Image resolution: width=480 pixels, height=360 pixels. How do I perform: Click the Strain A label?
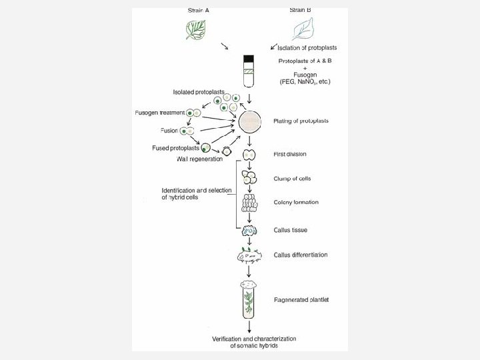click(x=198, y=10)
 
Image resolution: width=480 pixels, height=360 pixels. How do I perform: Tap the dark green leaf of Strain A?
click(x=198, y=29)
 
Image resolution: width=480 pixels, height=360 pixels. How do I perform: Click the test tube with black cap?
click(x=249, y=71)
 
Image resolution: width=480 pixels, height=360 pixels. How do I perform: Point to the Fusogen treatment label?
click(x=159, y=113)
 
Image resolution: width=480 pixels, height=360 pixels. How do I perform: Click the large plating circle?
click(x=249, y=121)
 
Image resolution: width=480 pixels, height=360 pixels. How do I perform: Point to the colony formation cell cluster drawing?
click(x=249, y=203)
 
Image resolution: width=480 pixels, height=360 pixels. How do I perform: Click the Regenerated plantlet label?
click(x=301, y=299)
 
